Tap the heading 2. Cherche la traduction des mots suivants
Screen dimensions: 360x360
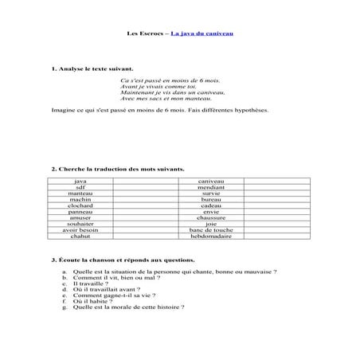point(117,169)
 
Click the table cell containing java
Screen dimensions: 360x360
point(80,181)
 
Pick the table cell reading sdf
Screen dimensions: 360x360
point(80,187)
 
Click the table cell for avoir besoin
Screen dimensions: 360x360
point(80,229)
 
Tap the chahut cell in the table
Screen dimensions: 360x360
point(80,236)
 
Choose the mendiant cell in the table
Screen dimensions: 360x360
point(211,187)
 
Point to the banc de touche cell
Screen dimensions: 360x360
point(211,229)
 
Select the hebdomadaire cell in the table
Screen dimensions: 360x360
point(211,236)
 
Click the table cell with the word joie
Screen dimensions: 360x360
point(211,224)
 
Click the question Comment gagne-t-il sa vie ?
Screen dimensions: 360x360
point(115,295)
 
